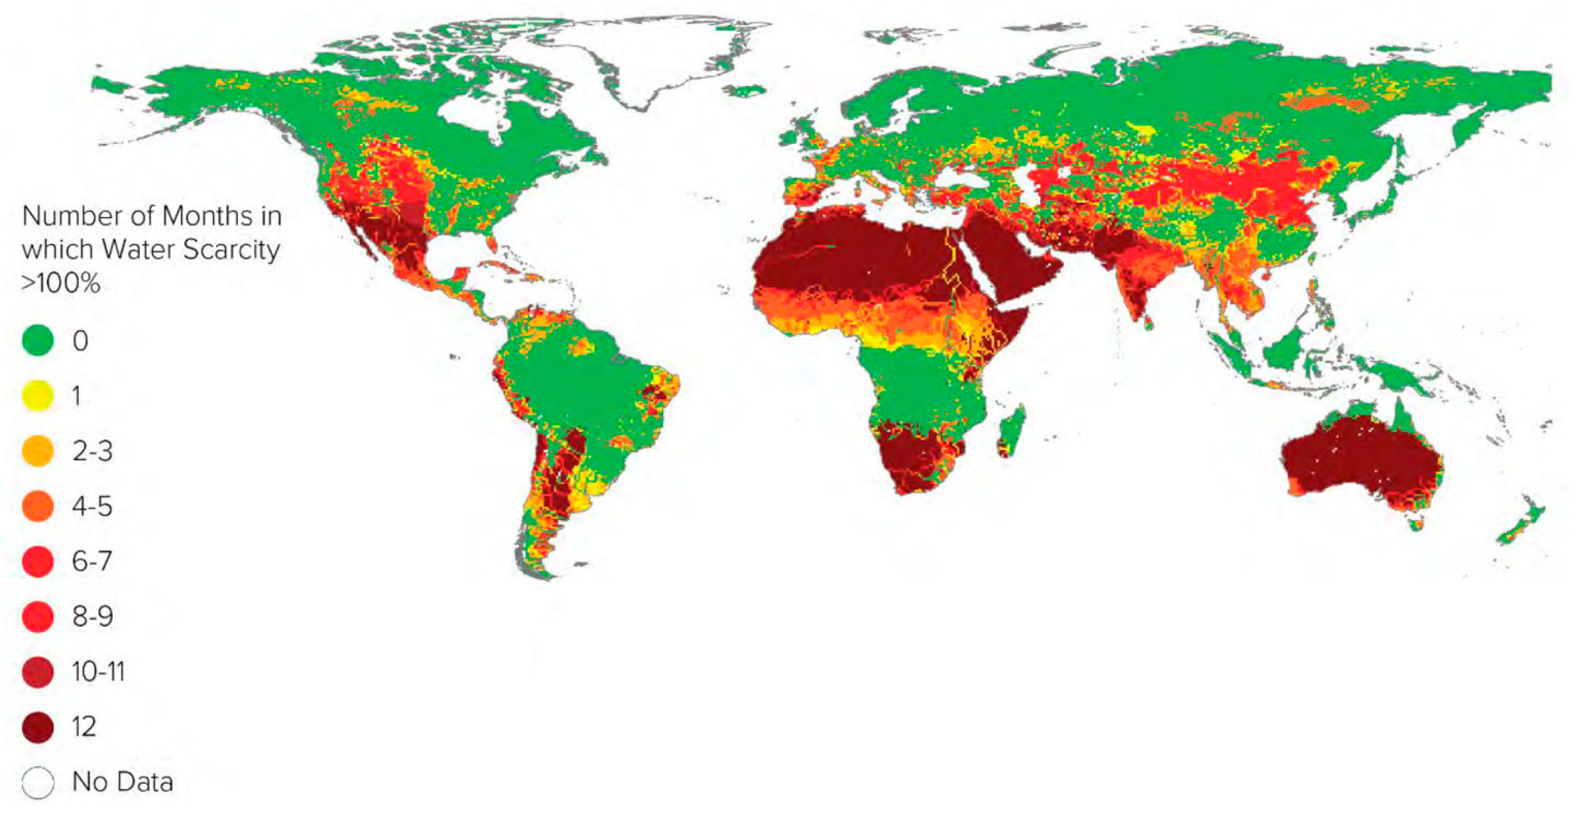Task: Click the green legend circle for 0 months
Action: point(38,341)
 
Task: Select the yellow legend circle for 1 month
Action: point(38,396)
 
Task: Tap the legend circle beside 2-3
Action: point(38,451)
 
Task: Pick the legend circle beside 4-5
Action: point(38,507)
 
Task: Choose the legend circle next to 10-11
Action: point(38,672)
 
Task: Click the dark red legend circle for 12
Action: point(38,727)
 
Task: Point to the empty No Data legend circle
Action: point(38,783)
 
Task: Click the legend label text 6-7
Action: point(92,562)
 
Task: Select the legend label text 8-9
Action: point(93,617)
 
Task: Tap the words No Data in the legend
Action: point(123,783)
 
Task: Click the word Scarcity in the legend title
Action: point(231,249)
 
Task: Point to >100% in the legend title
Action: point(61,283)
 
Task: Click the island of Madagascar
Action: point(1010,431)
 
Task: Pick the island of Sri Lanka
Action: point(1148,323)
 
